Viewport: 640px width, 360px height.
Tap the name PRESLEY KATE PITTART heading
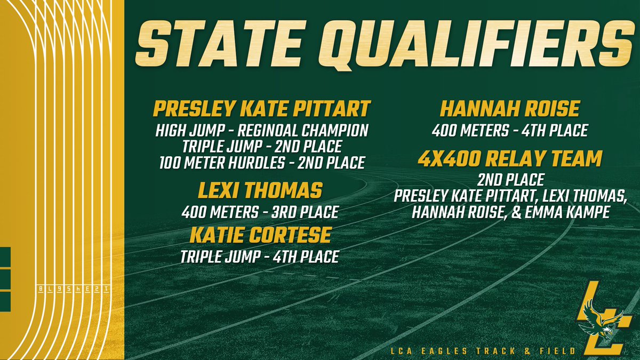261,110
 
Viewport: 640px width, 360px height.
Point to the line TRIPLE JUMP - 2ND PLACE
261,146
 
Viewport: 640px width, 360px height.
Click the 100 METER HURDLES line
261,162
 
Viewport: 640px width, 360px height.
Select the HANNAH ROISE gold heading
510,110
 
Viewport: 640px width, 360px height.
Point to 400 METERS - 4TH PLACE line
510,131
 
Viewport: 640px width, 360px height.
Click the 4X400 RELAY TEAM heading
510,158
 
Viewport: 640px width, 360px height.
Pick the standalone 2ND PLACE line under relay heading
510,180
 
